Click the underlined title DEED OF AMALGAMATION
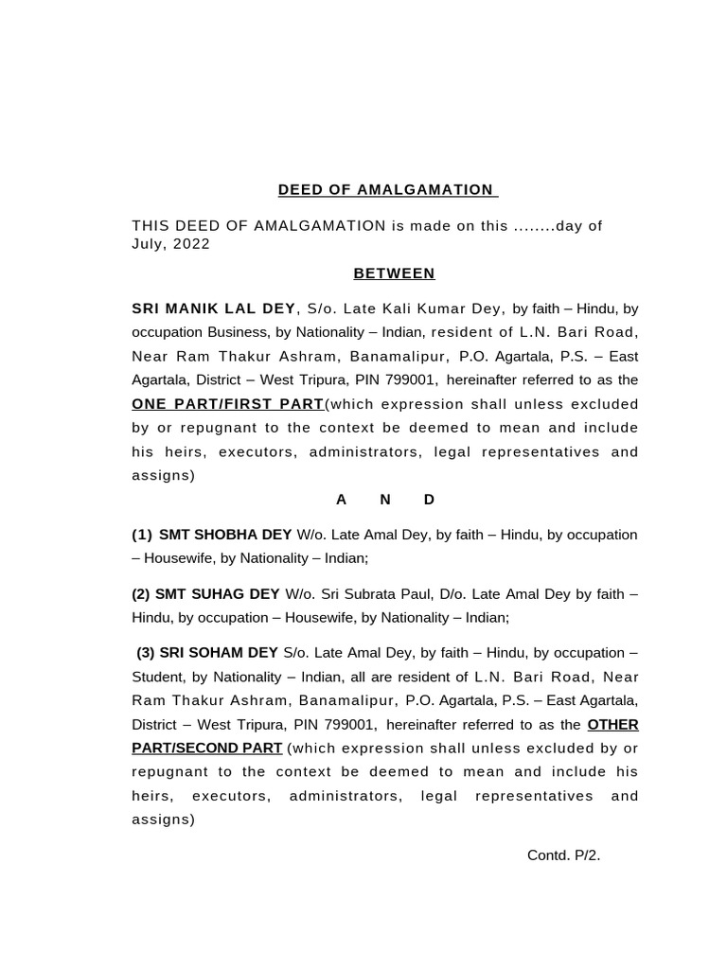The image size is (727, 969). [387, 190]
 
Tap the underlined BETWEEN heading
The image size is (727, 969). [394, 273]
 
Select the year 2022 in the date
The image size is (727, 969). [191, 244]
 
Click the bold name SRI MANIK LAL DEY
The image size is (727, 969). [213, 308]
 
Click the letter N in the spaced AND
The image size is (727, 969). [385, 500]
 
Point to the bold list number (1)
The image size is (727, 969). [142, 535]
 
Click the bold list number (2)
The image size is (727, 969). [141, 594]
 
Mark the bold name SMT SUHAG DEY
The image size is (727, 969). [217, 594]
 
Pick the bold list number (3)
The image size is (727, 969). [146, 653]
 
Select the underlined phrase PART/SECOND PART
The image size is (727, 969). [206, 749]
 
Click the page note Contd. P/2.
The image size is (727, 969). [563, 855]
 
